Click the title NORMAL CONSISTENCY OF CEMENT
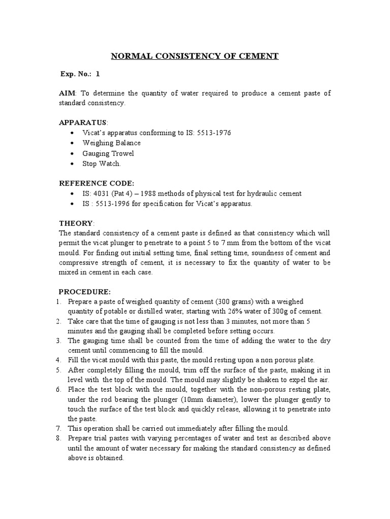[195, 56]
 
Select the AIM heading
[67, 94]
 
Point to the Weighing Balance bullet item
[112, 143]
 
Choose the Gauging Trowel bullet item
[108, 153]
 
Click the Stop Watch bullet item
[102, 164]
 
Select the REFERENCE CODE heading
[96, 183]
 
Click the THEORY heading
[76, 223]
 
